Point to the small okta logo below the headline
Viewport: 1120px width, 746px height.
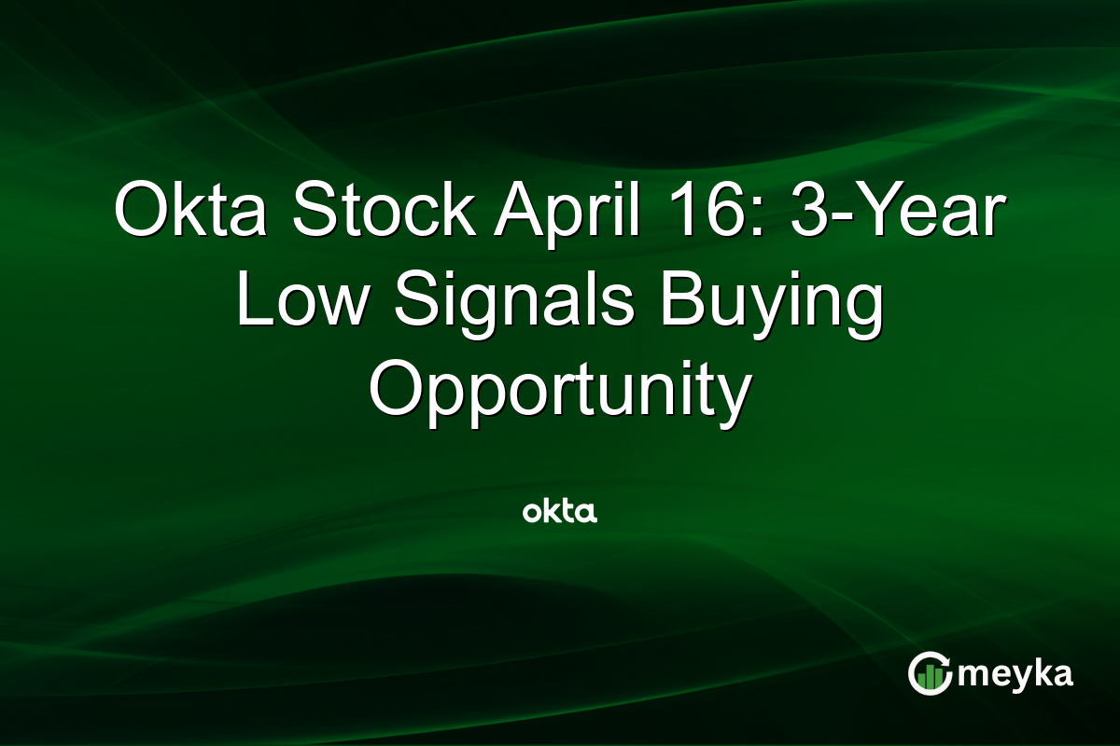[x=559, y=511]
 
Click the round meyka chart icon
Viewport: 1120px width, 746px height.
[x=930, y=673]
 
